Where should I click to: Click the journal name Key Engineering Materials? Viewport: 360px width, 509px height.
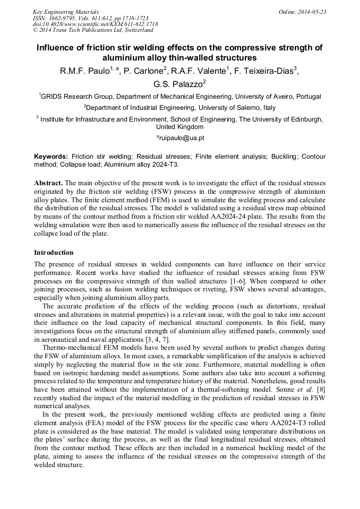pos(65,12)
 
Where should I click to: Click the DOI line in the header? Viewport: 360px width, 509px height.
pos(95,24)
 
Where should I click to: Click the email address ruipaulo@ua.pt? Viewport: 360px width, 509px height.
pos(181,138)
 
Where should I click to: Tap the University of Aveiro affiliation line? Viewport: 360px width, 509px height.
pos(179,97)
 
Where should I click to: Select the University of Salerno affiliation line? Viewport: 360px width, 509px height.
pos(179,108)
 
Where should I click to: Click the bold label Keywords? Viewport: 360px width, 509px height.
pos(51,157)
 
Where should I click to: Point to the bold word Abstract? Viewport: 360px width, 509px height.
pos(48,183)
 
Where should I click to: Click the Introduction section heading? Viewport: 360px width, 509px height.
pos(54,252)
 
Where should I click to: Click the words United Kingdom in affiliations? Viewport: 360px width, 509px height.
pos(179,127)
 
